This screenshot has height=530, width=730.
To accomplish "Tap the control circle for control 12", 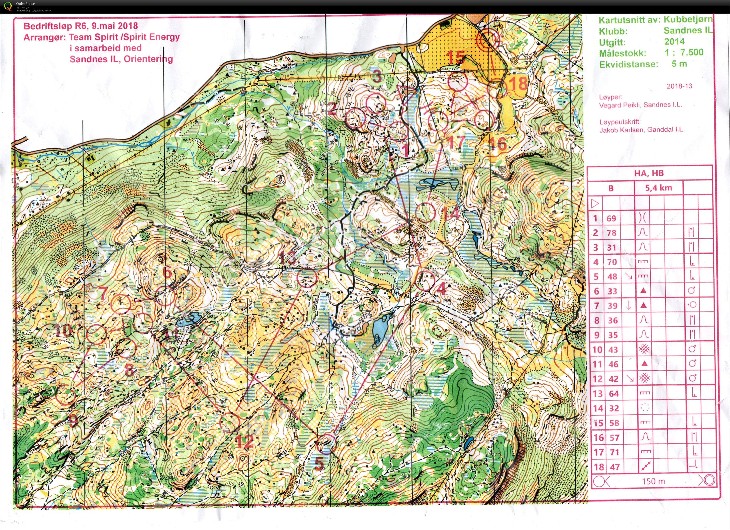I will point(230,422).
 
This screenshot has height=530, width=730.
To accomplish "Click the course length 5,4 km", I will point(658,188).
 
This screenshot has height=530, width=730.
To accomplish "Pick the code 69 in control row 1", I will point(611,218).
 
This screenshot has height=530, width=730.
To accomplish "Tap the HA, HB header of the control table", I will point(649,173).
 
